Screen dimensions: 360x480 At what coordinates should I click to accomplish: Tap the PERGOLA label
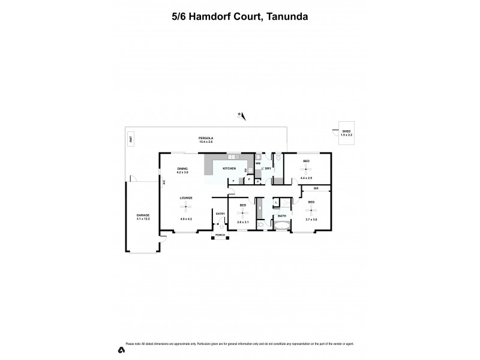[x=206, y=139]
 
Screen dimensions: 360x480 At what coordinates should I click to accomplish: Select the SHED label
[x=346, y=131]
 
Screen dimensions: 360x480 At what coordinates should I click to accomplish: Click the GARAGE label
[x=143, y=215]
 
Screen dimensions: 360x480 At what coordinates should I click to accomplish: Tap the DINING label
[x=182, y=169]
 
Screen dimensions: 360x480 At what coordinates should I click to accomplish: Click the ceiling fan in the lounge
[x=185, y=208]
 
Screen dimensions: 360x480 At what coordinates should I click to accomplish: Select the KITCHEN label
[x=229, y=169]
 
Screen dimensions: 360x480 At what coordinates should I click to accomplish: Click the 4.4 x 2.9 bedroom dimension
[x=306, y=178]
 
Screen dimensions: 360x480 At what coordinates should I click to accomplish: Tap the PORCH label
[x=220, y=235]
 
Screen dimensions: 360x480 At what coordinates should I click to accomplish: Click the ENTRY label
[x=220, y=214]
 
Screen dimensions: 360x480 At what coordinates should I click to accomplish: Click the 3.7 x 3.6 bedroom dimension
[x=311, y=220]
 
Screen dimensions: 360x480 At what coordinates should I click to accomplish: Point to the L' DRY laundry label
[x=266, y=169]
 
